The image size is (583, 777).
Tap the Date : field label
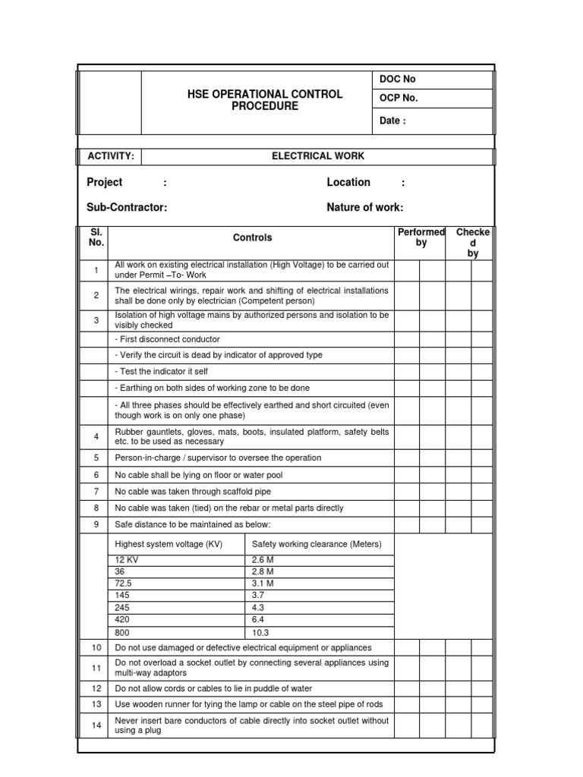pos(392,121)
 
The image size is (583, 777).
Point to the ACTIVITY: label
pos(111,156)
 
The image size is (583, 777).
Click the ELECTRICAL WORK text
pos(318,156)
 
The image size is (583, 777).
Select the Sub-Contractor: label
pos(127,208)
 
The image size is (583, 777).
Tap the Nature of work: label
pos(364,208)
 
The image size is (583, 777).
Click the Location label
pos(348,183)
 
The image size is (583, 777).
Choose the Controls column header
pos(252,238)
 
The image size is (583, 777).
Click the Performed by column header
pos(421,238)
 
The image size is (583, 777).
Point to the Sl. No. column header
pos(96,238)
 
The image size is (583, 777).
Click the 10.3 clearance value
pos(260,632)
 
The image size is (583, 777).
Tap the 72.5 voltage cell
pos(124,584)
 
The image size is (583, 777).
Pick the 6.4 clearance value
pos(258,620)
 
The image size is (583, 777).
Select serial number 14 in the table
pos(96,725)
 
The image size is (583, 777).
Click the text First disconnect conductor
pos(167,339)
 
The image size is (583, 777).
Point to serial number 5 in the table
pos(96,458)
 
